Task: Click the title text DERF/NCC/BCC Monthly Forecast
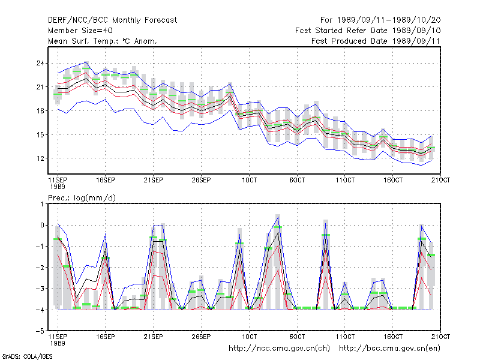[x=112, y=20]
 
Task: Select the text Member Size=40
[x=80, y=31]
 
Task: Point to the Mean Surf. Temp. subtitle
[x=103, y=41]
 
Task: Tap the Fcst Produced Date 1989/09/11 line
[x=376, y=41]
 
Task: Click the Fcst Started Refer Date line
[x=368, y=31]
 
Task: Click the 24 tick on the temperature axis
[x=40, y=64]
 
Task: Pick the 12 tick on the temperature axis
[x=40, y=158]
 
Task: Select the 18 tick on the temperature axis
[x=40, y=111]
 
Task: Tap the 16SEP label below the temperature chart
[x=106, y=181]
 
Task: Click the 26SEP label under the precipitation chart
[x=201, y=337]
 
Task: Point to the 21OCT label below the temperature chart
[x=440, y=181]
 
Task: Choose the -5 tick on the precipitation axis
[x=40, y=331]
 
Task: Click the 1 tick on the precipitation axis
[x=42, y=204]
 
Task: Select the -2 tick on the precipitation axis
[x=40, y=268]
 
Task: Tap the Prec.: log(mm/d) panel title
[x=82, y=198]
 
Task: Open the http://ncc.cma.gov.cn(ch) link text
[x=279, y=349]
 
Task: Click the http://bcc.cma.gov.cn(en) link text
[x=389, y=349]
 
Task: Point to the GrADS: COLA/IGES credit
[x=27, y=356]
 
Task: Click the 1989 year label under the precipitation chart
[x=58, y=343]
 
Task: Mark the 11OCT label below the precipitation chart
[x=345, y=337]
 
